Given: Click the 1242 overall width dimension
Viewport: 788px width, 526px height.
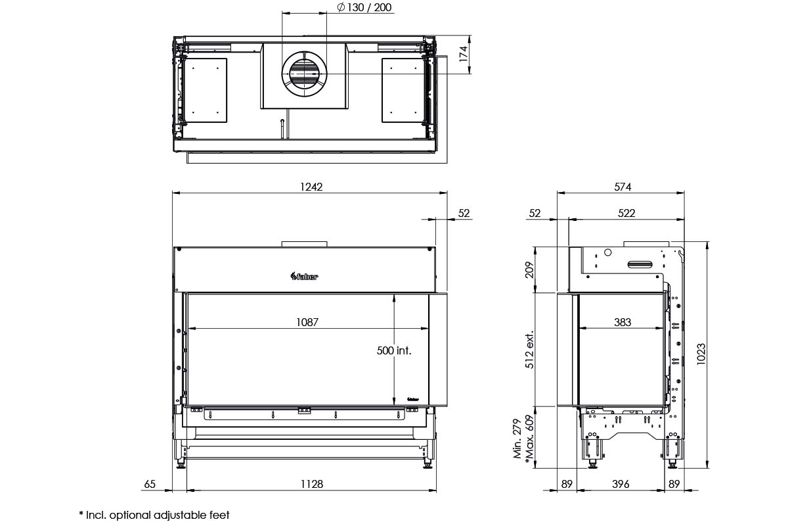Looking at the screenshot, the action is coord(311,187).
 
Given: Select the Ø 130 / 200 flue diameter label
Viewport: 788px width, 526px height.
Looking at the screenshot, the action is coord(364,7).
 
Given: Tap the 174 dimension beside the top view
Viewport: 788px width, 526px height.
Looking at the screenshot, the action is coord(464,54).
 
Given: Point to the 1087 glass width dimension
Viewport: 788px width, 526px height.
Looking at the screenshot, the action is coord(307,322).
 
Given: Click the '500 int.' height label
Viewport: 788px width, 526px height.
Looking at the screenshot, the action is coord(394,350).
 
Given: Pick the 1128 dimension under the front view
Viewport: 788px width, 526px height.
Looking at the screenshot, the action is coord(312,484).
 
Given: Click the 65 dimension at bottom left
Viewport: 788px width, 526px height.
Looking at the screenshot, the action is coord(150,484).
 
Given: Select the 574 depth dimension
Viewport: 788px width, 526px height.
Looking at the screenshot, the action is coord(623,187).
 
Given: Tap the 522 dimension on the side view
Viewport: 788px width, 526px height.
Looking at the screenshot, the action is coord(626,213).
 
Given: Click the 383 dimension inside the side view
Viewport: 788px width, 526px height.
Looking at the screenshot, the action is coord(623,322).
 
